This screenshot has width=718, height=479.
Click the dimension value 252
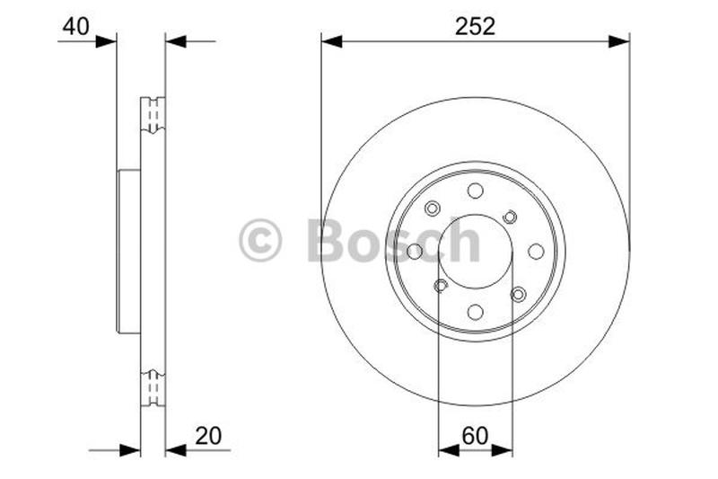pyautogui.click(x=475, y=27)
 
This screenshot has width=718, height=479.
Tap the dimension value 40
pyautogui.click(x=75, y=27)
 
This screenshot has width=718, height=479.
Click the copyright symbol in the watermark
pyautogui.click(x=260, y=242)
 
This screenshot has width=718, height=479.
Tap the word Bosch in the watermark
pyautogui.click(x=394, y=242)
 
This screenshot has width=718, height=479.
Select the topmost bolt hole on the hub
pyautogui.click(x=475, y=191)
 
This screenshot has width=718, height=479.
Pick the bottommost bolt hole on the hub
pyautogui.click(x=475, y=312)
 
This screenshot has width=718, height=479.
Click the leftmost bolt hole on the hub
pyautogui.click(x=415, y=252)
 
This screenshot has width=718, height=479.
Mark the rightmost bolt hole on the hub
pyautogui.click(x=536, y=252)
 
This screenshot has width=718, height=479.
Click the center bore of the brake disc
pyautogui.click(x=475, y=252)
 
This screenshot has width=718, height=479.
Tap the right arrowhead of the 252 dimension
pyautogui.click(x=618, y=41)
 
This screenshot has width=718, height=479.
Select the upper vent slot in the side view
pyautogui.click(x=153, y=114)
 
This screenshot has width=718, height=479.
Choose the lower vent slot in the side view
pyautogui.click(x=153, y=387)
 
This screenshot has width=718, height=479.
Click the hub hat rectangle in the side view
pyautogui.click(x=129, y=252)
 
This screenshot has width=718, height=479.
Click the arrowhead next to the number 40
pyautogui.click(x=107, y=40)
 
